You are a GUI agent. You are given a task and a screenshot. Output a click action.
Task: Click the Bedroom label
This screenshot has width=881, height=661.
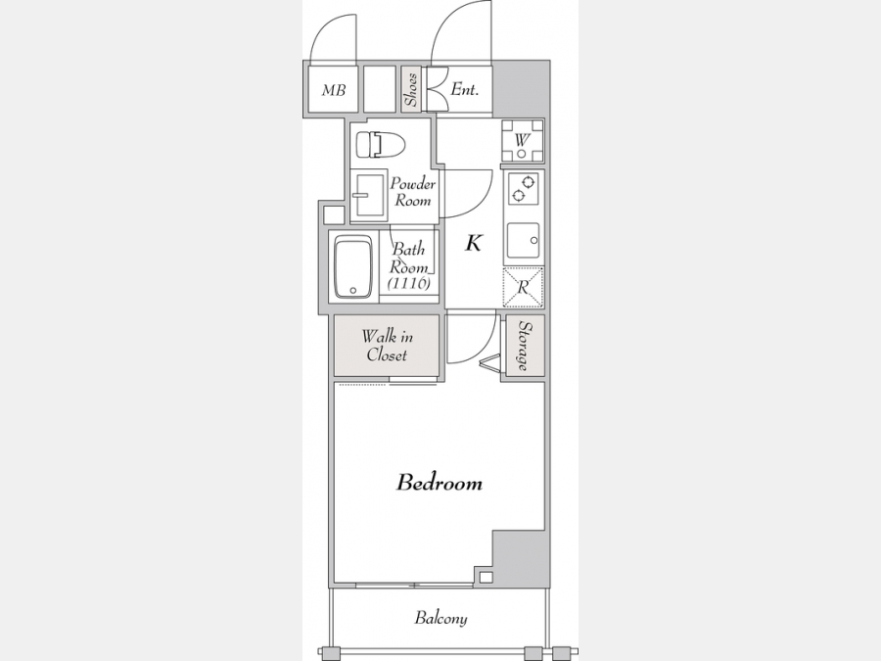point(440,483)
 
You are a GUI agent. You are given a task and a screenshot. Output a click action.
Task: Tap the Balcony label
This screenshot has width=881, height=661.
point(441,618)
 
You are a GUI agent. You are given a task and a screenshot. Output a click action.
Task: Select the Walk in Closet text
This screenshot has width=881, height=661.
point(387,346)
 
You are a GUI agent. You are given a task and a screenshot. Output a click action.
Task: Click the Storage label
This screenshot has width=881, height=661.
point(524,346)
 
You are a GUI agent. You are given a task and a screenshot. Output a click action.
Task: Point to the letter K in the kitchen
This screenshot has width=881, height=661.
point(473,244)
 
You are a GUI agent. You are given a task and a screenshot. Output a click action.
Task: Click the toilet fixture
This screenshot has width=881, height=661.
point(381,145)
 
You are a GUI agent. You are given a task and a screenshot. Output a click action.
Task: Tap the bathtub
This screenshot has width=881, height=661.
point(353,266)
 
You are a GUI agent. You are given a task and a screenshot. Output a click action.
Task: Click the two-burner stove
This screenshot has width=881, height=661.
point(524,189)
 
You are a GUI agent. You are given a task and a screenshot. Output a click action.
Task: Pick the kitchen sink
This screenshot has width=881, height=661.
point(523,241)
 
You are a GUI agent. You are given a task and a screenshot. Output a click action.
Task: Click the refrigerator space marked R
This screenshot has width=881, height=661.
point(523,287)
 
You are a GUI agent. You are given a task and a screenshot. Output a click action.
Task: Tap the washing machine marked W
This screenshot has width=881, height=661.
point(523,140)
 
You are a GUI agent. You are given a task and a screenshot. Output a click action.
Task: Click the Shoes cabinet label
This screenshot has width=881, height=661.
point(411,90)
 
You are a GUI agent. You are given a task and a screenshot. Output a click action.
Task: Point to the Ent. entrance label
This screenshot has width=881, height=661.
point(465,89)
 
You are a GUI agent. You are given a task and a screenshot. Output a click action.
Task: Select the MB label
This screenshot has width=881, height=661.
point(334,90)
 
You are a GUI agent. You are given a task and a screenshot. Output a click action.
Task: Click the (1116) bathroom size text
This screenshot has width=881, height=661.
point(409,283)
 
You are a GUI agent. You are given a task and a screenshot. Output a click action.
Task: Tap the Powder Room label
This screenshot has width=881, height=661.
point(413,192)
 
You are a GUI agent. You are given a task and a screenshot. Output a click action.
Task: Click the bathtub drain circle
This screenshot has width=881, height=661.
point(352,291)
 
